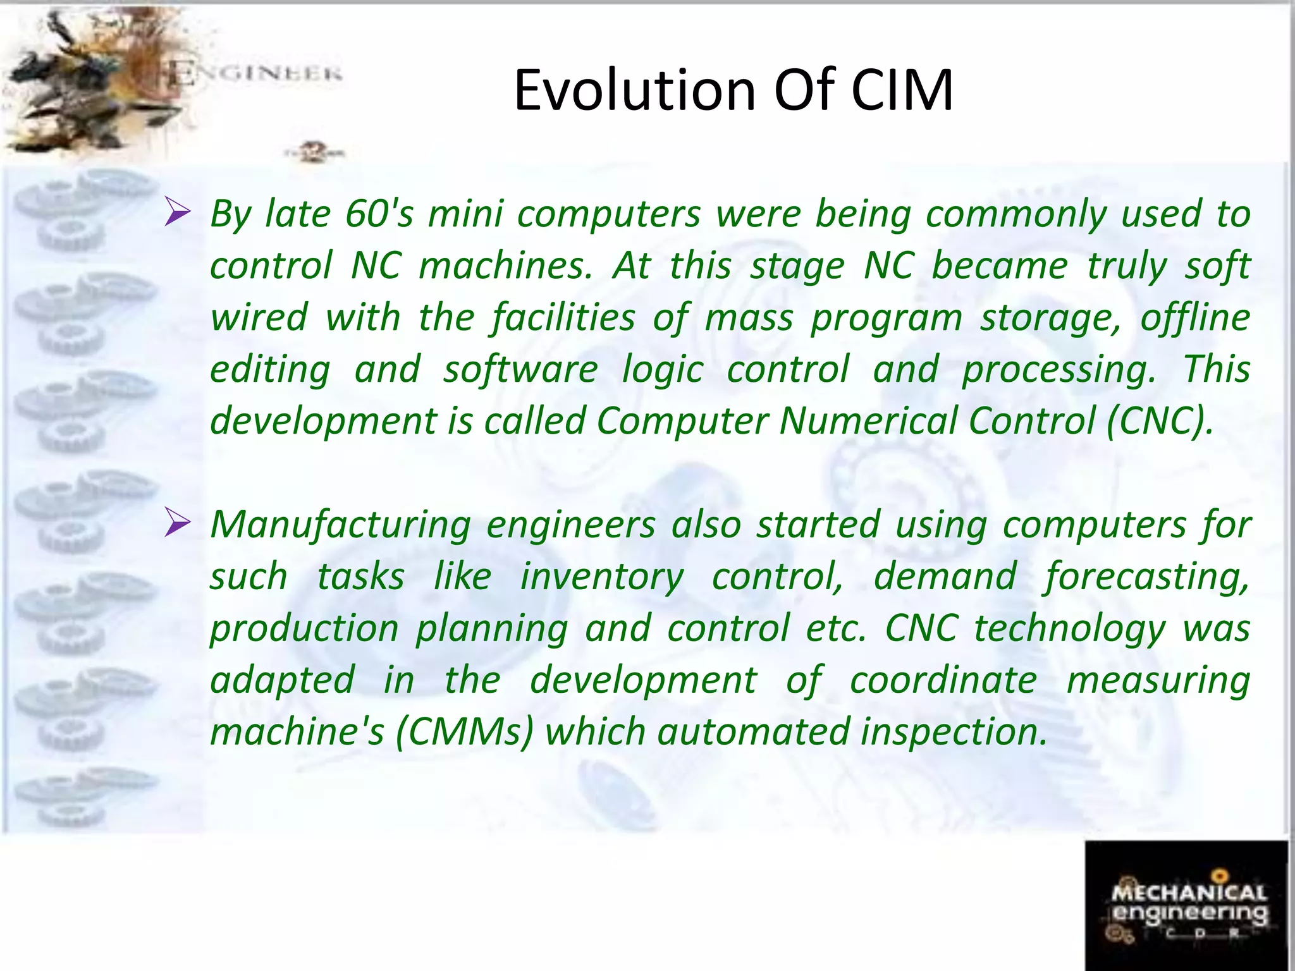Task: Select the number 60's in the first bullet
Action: pos(379,214)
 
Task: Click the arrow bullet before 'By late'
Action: pos(177,212)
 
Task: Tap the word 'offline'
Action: pos(1195,317)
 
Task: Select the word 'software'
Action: pos(520,369)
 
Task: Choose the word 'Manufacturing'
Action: pos(340,525)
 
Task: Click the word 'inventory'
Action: pos(601,577)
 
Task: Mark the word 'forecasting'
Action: pos(1147,577)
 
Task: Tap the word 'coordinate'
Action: pos(943,680)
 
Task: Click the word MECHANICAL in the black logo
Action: pos(1189,893)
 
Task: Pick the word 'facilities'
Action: pos(563,317)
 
